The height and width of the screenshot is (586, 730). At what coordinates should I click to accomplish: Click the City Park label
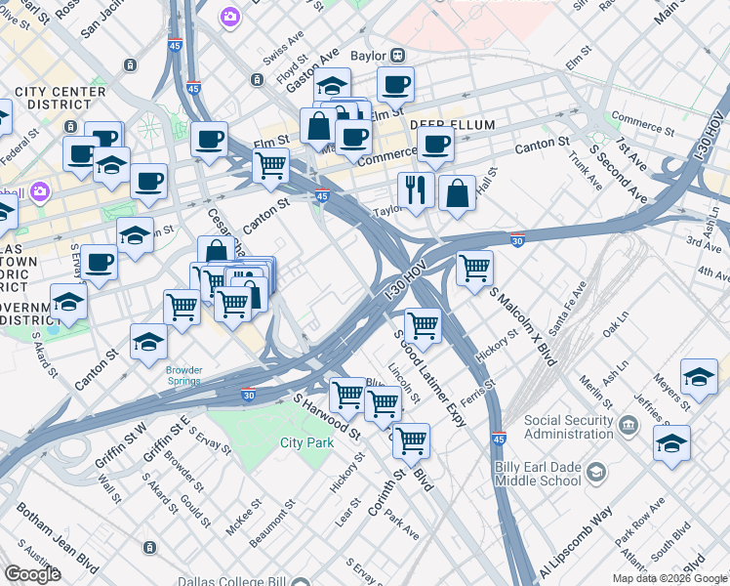click(x=306, y=442)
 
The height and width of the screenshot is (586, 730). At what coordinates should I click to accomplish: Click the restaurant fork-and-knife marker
click(x=416, y=190)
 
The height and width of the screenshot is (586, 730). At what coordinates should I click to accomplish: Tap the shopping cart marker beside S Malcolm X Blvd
click(x=474, y=267)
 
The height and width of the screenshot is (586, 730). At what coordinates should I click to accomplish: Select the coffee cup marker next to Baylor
click(x=395, y=85)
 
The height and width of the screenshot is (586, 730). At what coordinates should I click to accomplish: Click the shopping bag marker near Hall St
click(x=457, y=193)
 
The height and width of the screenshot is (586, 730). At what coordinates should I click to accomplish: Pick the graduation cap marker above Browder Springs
click(x=148, y=342)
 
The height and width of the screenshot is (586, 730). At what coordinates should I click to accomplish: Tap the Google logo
click(x=32, y=573)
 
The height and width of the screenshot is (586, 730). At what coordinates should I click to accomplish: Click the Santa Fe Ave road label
click(x=569, y=303)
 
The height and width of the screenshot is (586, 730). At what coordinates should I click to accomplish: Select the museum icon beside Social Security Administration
click(x=629, y=425)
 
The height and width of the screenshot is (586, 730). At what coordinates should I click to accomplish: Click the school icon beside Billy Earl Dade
click(x=594, y=473)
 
